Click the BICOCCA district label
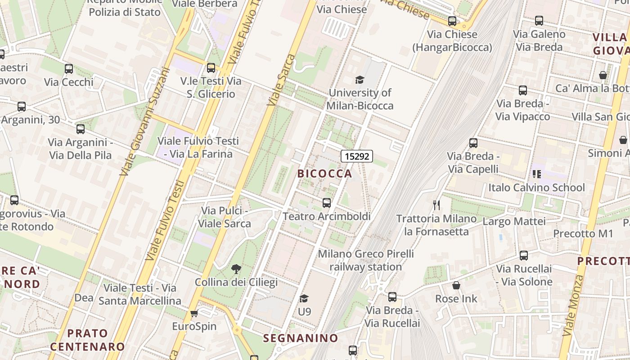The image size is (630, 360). tap(324, 173)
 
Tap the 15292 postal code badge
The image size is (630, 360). tap(357, 156)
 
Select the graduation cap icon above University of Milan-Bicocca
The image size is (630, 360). tap(360, 80)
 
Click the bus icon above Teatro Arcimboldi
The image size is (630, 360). tap(327, 203)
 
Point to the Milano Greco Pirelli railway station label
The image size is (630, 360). tap(365, 260)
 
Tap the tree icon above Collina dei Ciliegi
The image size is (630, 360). tap(236, 270)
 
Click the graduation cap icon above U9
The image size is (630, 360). tap(304, 298)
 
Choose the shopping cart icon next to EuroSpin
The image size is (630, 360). tap(194, 313)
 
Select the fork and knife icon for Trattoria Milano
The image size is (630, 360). tap(436, 205)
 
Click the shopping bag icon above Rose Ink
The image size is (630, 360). tap(456, 285)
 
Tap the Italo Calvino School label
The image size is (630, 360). tap(536, 187)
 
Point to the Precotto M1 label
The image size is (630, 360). tap(583, 234)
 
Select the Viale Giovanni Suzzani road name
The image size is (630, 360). tap(144, 121)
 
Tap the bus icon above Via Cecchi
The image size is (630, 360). tap(69, 69)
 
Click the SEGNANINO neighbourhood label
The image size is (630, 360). tap(301, 338)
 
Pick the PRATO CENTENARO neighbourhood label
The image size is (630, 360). tap(87, 340)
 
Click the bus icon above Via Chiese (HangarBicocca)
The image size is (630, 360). tap(452, 21)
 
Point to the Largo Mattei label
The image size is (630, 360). tap(514, 221)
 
